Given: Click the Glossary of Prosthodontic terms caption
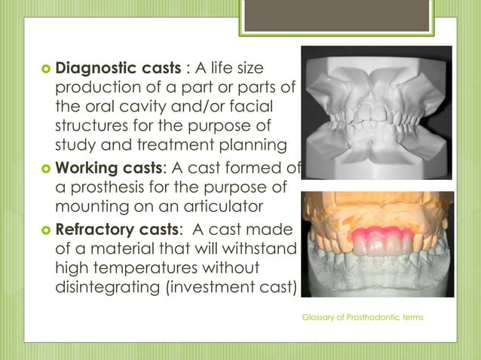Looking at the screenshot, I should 363,317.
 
